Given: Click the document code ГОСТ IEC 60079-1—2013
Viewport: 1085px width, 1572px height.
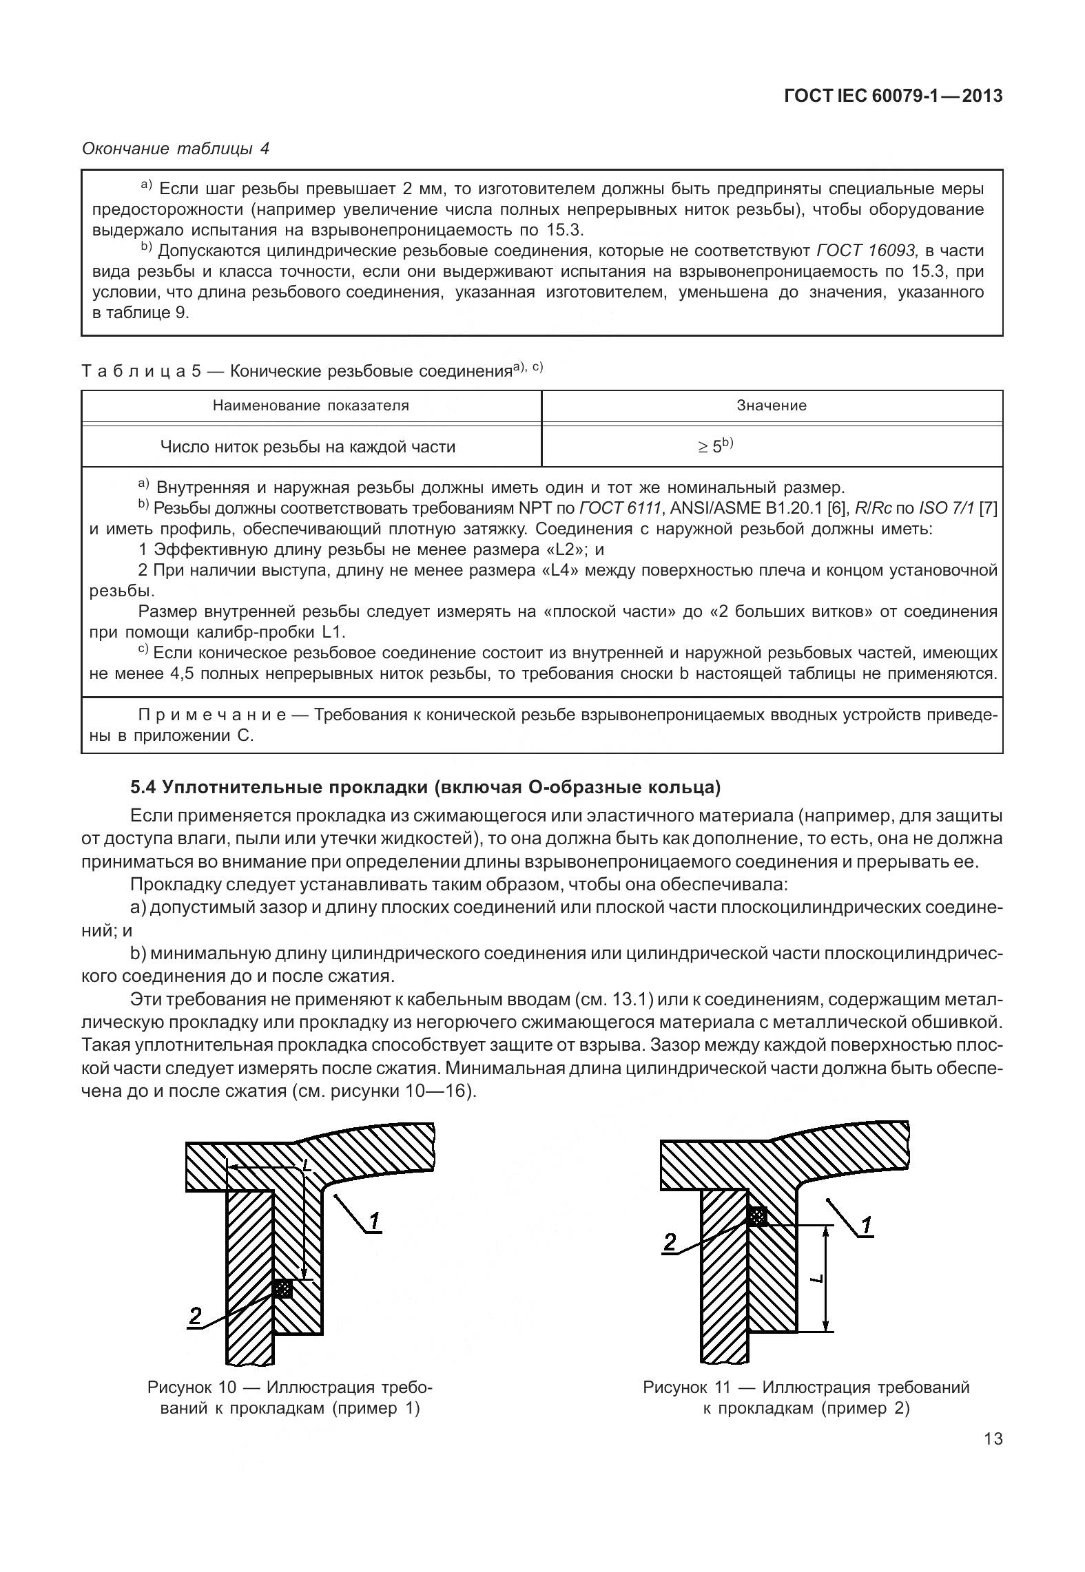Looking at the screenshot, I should [x=893, y=96].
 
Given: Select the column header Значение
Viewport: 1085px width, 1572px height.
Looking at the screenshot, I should [x=772, y=406].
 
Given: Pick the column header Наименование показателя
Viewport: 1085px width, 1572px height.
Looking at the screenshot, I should [x=311, y=406].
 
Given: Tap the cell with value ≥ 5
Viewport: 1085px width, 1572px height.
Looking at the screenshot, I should [x=714, y=446].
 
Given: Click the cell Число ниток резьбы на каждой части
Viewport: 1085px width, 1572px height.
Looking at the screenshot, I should [x=308, y=447].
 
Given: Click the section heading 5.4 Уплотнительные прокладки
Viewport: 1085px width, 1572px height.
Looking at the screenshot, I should [x=425, y=786].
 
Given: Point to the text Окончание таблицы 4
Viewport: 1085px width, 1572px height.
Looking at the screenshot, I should [x=176, y=148].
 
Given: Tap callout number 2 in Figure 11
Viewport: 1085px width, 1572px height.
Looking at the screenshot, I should [x=669, y=1241].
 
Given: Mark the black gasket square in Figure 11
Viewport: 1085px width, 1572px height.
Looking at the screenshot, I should [x=758, y=1217].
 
